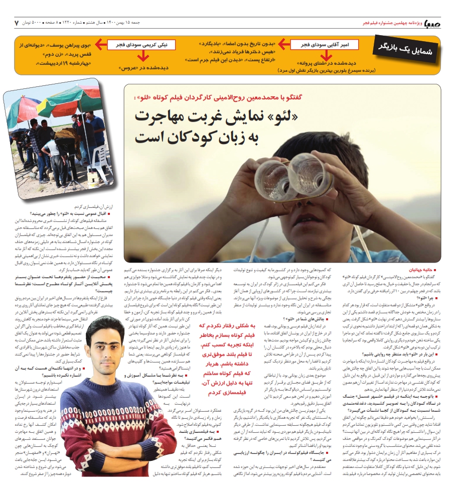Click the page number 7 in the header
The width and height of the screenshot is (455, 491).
(x=17, y=23)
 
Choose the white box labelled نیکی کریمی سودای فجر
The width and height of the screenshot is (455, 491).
(x=137, y=45)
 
